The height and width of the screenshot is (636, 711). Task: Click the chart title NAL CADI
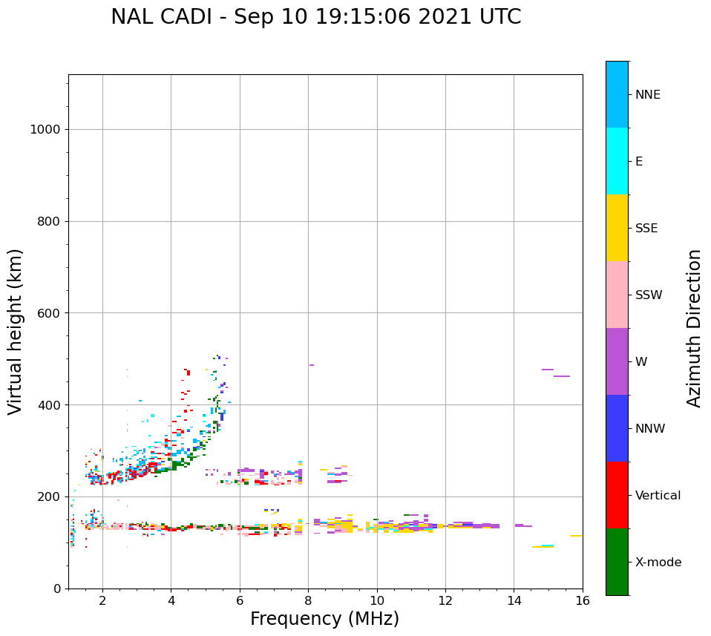(315, 17)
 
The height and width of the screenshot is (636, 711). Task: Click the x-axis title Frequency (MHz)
(324, 619)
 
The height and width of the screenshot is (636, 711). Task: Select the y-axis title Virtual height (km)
(16, 331)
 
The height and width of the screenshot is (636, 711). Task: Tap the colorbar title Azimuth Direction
(694, 328)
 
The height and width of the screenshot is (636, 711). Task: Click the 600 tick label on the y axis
(49, 313)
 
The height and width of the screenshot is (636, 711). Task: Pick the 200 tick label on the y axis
(49, 496)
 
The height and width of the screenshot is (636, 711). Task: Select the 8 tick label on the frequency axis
(308, 600)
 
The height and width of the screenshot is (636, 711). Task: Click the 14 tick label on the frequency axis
(514, 600)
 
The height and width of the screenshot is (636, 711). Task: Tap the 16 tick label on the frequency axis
(583, 600)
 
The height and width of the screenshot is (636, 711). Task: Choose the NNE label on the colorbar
(647, 95)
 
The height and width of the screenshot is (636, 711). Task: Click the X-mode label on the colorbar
(658, 563)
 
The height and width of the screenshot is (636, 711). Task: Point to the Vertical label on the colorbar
(658, 496)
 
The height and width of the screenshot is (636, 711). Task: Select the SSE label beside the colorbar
(646, 229)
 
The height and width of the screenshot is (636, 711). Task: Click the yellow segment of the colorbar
(617, 228)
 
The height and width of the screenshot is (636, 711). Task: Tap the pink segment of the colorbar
(617, 295)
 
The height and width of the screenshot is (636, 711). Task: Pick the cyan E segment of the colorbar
(617, 161)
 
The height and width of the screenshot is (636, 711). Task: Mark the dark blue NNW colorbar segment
(617, 428)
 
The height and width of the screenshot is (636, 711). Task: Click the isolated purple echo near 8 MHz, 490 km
(312, 365)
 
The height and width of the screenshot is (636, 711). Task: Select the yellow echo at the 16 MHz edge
(576, 536)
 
